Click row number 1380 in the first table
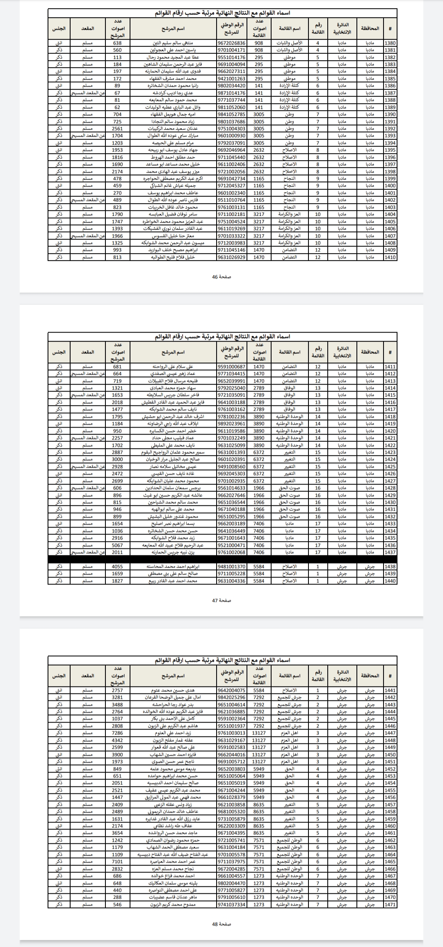pyautogui.click(x=390, y=43)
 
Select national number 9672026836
pyautogui.click(x=231, y=43)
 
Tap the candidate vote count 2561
pyautogui.click(x=117, y=129)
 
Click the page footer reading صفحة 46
pyautogui.click(x=221, y=276)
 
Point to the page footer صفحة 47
pyautogui.click(x=221, y=600)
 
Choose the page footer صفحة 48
pyautogui.click(x=221, y=924)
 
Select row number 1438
pyautogui.click(x=390, y=566)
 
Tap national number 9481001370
pyautogui.click(x=231, y=566)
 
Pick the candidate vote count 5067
pyautogui.click(x=117, y=545)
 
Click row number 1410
pyautogui.click(x=390, y=257)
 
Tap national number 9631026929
pyautogui.click(x=231, y=257)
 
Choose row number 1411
pyautogui.click(x=390, y=367)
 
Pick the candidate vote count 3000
pyautogui.click(x=117, y=459)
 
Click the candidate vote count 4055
pyautogui.click(x=117, y=566)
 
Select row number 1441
pyautogui.click(x=390, y=690)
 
